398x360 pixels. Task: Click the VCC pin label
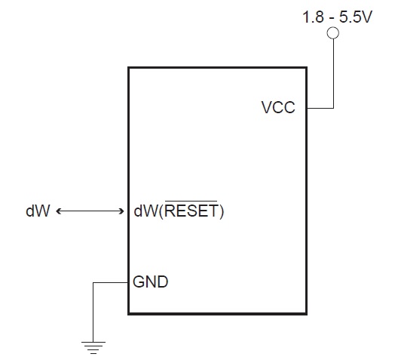coord(278,107)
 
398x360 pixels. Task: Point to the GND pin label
coord(150,283)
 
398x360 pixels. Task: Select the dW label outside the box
coord(38,212)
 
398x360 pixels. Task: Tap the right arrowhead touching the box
coord(123,212)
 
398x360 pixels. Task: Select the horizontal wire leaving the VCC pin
coord(320,108)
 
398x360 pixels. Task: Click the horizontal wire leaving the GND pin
coord(111,283)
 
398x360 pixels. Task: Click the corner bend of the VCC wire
coord(332,108)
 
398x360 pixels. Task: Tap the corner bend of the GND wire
coord(93,283)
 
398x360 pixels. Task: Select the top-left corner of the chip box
coord(129,68)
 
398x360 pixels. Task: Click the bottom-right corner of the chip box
coord(307,312)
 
